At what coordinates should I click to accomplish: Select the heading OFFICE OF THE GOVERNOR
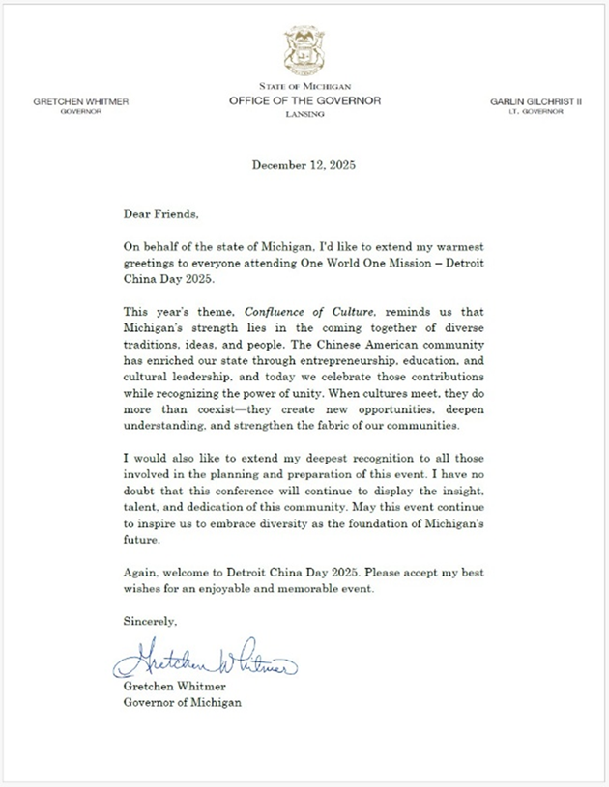pyautogui.click(x=304, y=100)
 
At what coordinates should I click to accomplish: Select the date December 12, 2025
pyautogui.click(x=304, y=164)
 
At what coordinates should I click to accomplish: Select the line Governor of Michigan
pyautogui.click(x=184, y=702)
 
